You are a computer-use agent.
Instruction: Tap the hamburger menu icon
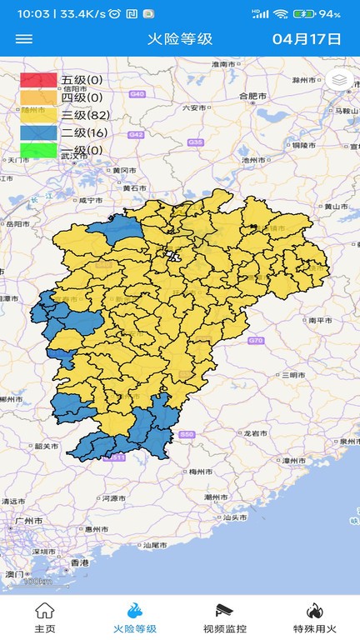point(24,39)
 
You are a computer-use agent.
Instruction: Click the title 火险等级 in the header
point(180,39)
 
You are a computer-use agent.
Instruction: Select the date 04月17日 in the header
point(307,39)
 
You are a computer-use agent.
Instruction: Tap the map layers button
point(339,80)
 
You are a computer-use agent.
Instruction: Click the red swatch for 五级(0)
point(38,80)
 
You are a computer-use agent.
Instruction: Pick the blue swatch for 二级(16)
point(38,132)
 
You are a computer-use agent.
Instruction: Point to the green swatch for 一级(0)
point(38,150)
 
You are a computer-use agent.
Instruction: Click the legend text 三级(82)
point(85,115)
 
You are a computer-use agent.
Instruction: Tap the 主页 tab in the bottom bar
point(45,617)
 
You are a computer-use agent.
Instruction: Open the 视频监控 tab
point(225,617)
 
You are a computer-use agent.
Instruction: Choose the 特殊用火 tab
point(314,617)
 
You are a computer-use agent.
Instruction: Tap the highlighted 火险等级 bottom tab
point(135,617)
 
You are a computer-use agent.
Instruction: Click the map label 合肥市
point(253,96)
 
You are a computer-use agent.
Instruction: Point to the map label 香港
point(79,563)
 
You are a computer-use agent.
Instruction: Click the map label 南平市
point(321,320)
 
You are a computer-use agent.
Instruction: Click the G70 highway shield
point(255,341)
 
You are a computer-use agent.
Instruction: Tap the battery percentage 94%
point(329,14)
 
